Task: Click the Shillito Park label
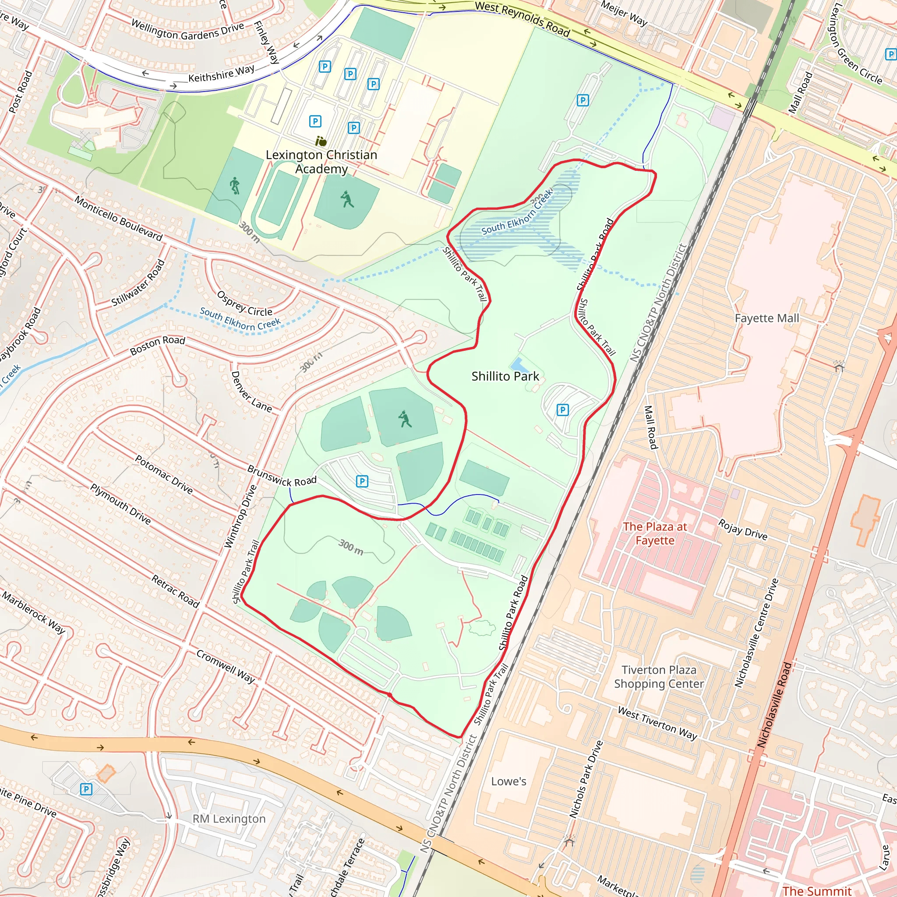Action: click(x=505, y=377)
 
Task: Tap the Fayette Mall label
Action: click(x=767, y=318)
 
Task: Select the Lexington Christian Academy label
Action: click(x=321, y=162)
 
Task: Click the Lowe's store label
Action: click(x=509, y=781)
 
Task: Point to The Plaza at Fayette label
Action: click(x=655, y=533)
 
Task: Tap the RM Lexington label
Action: click(x=229, y=819)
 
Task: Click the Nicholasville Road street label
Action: click(x=774, y=705)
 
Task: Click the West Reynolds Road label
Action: click(x=523, y=18)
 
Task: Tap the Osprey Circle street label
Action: click(x=245, y=304)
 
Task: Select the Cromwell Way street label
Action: click(x=225, y=667)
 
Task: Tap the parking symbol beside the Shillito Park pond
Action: click(x=562, y=410)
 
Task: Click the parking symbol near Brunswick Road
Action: click(x=362, y=481)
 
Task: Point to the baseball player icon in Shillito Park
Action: click(x=405, y=419)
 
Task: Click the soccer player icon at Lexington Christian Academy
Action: click(x=235, y=185)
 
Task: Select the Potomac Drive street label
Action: click(x=163, y=474)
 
